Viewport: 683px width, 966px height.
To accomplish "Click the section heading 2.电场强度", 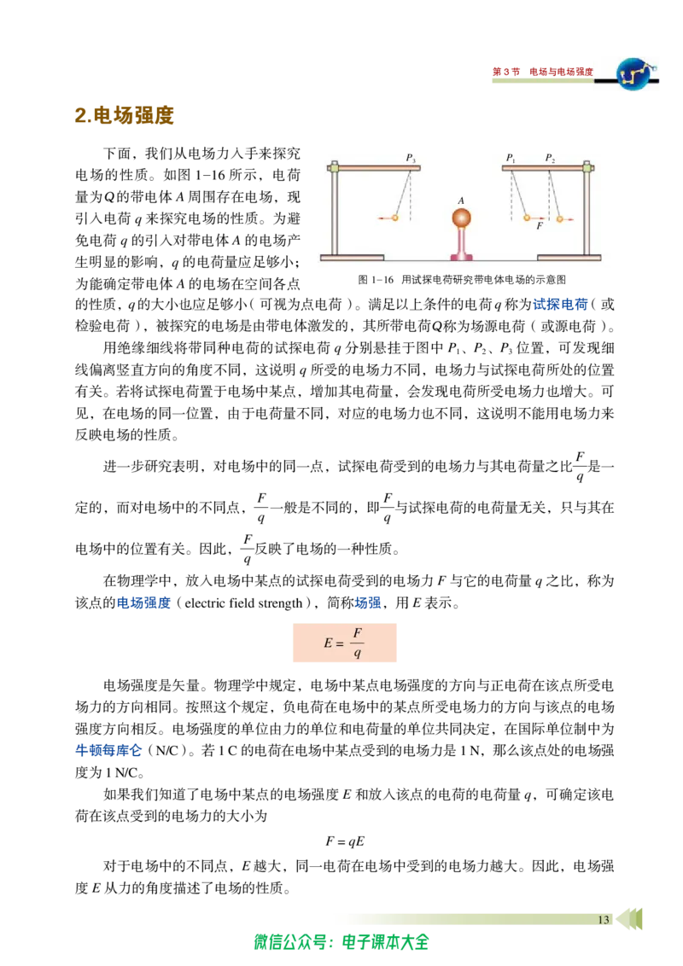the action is [x=124, y=115].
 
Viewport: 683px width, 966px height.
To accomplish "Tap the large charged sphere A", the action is [x=461, y=218].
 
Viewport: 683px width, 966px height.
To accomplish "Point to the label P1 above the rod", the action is [x=511, y=159].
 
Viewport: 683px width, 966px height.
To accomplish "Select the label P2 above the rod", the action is [x=550, y=159].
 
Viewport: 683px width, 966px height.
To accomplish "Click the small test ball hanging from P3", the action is [x=395, y=218].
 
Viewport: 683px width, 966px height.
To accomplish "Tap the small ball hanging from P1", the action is [x=527, y=218].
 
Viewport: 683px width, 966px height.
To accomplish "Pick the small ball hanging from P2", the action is [x=560, y=218].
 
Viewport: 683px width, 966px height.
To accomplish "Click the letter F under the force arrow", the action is [x=540, y=227].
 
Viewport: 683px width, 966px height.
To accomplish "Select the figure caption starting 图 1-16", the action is [x=462, y=280].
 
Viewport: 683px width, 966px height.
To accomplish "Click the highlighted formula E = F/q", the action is [x=344, y=643].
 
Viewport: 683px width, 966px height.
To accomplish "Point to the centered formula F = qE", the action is [x=345, y=841].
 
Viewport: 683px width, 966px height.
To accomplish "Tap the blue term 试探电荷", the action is [x=560, y=305].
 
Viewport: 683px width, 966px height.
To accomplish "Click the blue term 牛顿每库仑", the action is [x=108, y=750].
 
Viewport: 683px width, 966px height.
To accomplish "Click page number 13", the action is [x=604, y=920].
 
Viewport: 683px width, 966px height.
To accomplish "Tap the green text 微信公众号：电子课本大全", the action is [x=341, y=942].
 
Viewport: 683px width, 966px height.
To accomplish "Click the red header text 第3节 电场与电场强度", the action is [x=542, y=72].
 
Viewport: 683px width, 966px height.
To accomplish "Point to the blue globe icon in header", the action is [x=635, y=73].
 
